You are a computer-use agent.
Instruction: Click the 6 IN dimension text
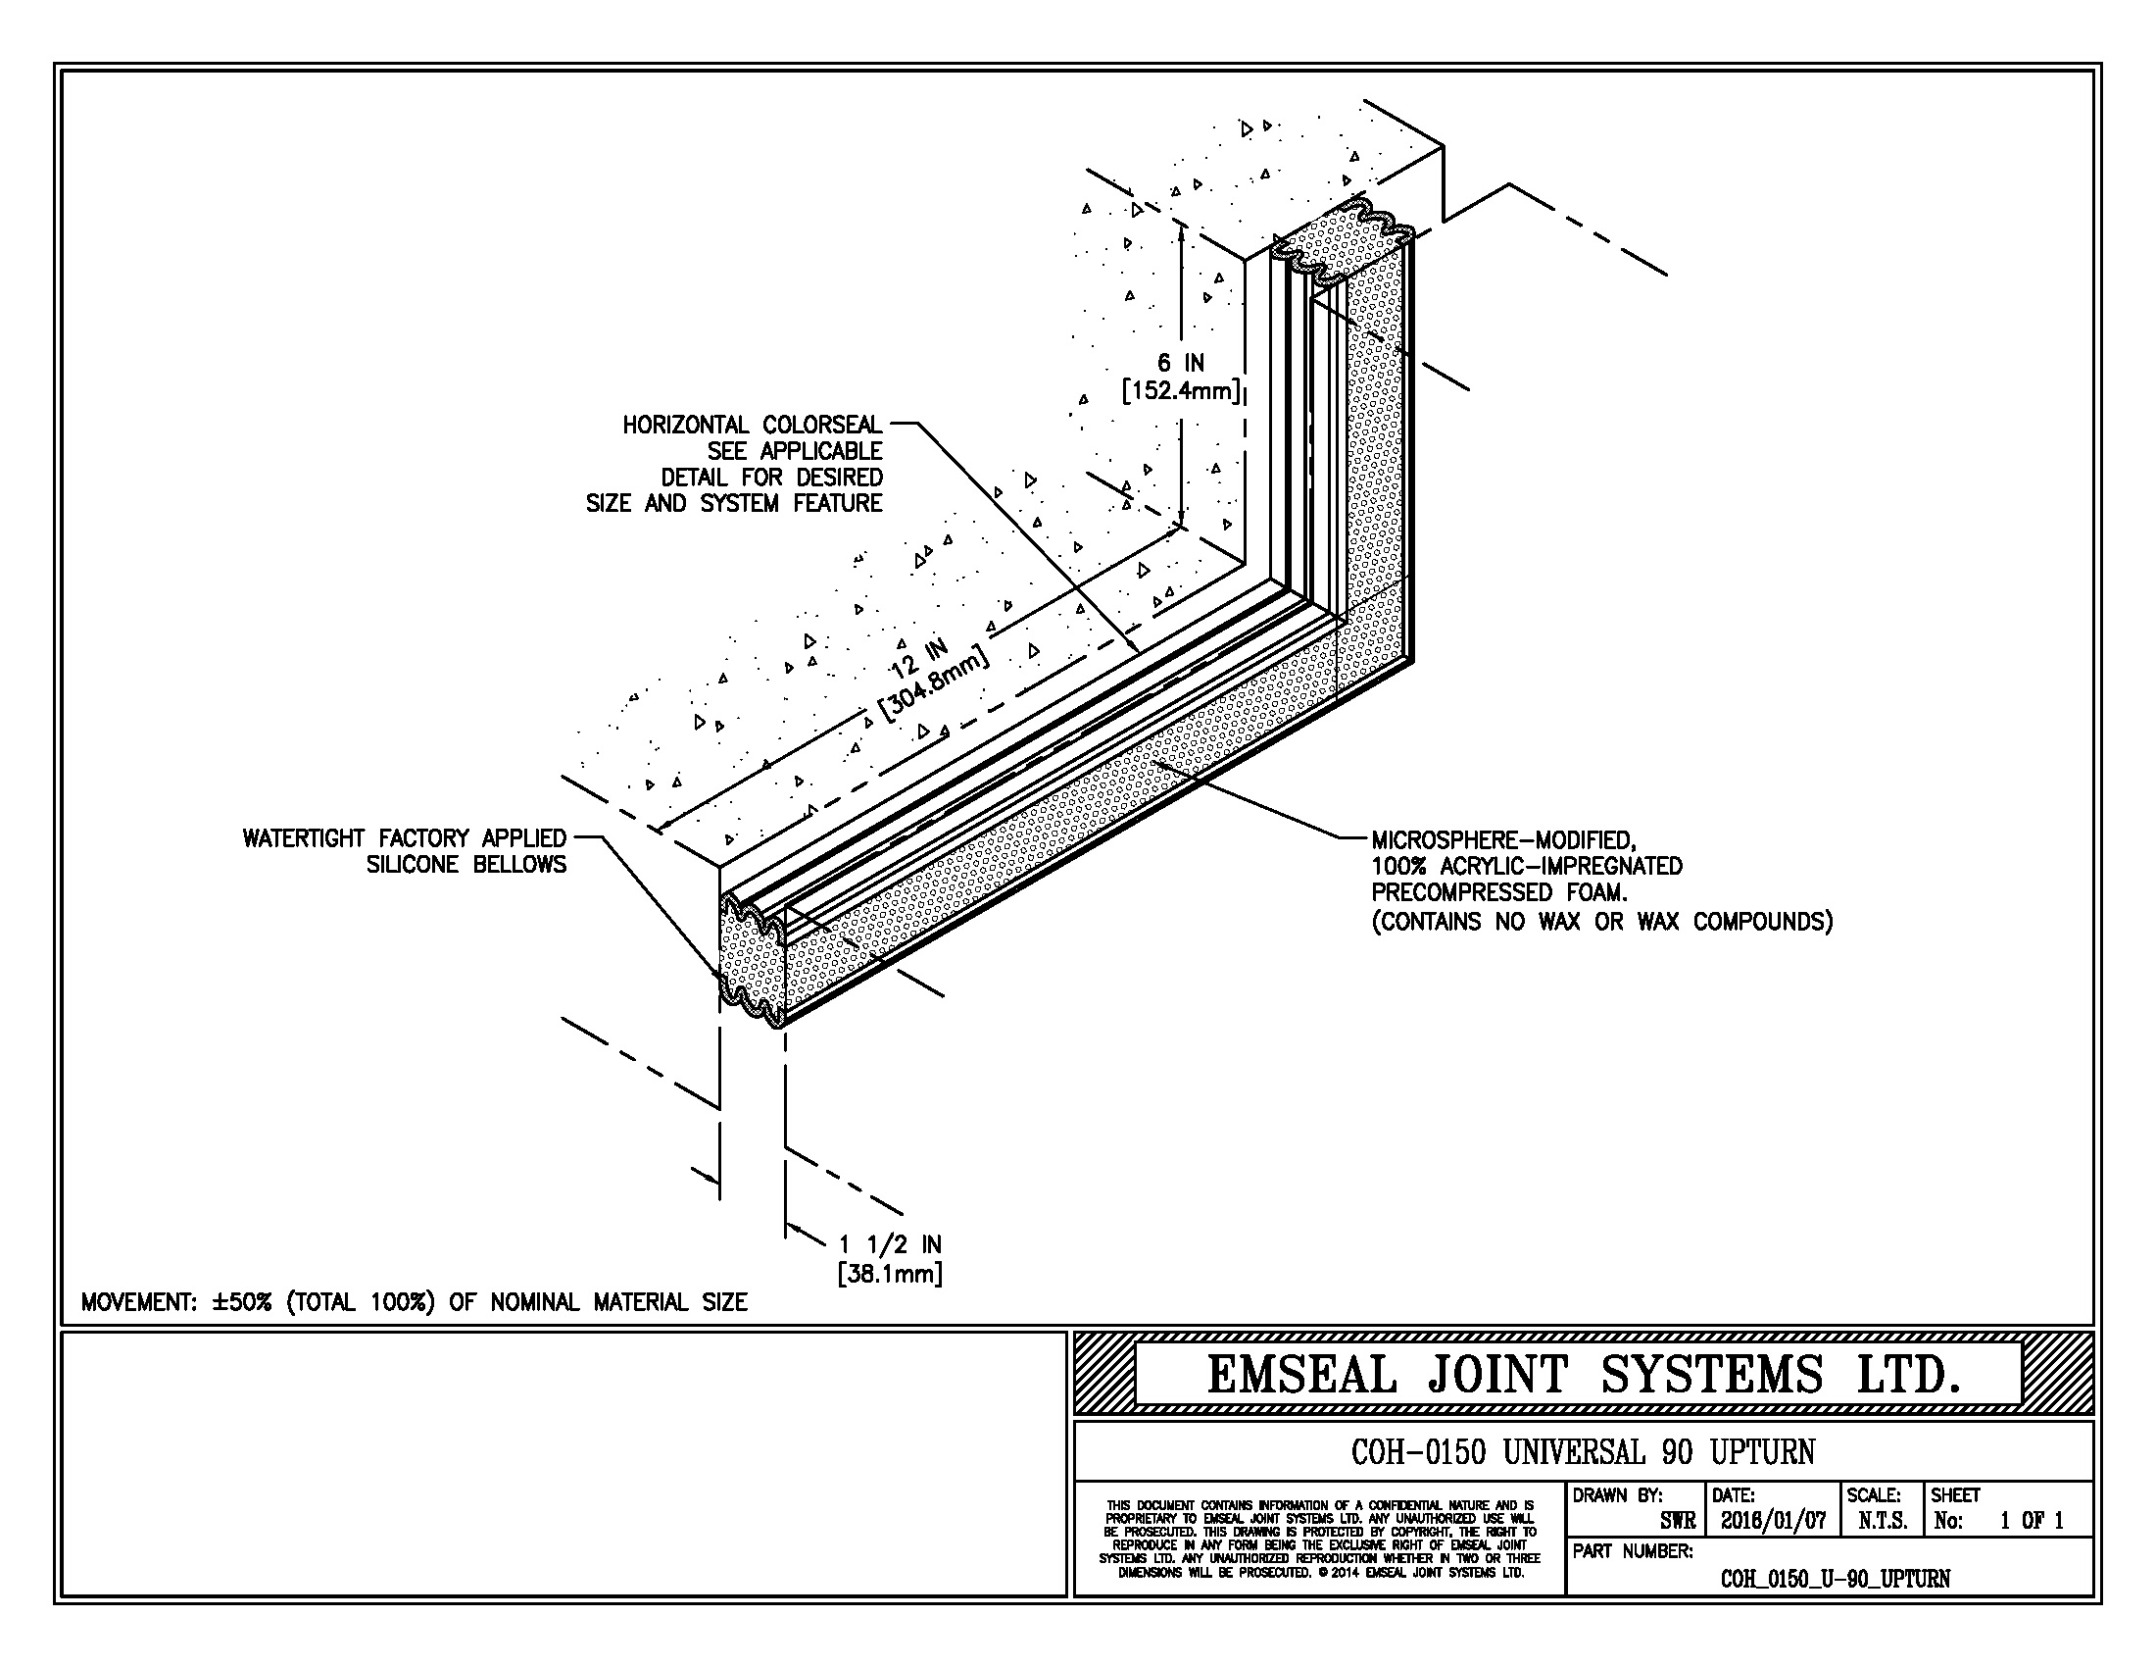tap(1181, 364)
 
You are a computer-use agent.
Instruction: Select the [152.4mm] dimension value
tap(1181, 391)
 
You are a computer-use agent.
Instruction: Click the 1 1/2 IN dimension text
tap(890, 1244)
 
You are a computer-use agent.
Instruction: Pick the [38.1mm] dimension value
tap(890, 1274)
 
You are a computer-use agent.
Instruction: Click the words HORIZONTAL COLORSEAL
tap(753, 425)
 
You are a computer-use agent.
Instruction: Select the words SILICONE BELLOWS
tap(466, 865)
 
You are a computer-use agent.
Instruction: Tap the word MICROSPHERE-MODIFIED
tap(1504, 840)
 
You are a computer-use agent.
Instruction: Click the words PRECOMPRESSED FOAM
tap(1498, 892)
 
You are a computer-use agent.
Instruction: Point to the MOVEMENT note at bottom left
tap(414, 1302)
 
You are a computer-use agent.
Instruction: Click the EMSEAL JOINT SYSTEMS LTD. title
tap(1584, 1375)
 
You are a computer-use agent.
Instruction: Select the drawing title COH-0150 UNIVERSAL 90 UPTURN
tap(1583, 1451)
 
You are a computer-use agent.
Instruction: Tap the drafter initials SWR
tap(1677, 1522)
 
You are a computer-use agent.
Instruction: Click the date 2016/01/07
tap(1773, 1521)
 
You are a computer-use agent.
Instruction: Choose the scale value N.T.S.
tap(1882, 1521)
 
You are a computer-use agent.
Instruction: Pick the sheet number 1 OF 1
tap(2032, 1521)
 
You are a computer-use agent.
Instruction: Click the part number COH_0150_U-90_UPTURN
tap(1835, 1578)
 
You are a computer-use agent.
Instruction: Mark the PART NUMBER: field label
tap(1633, 1551)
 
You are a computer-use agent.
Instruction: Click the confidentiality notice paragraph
tap(1320, 1539)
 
